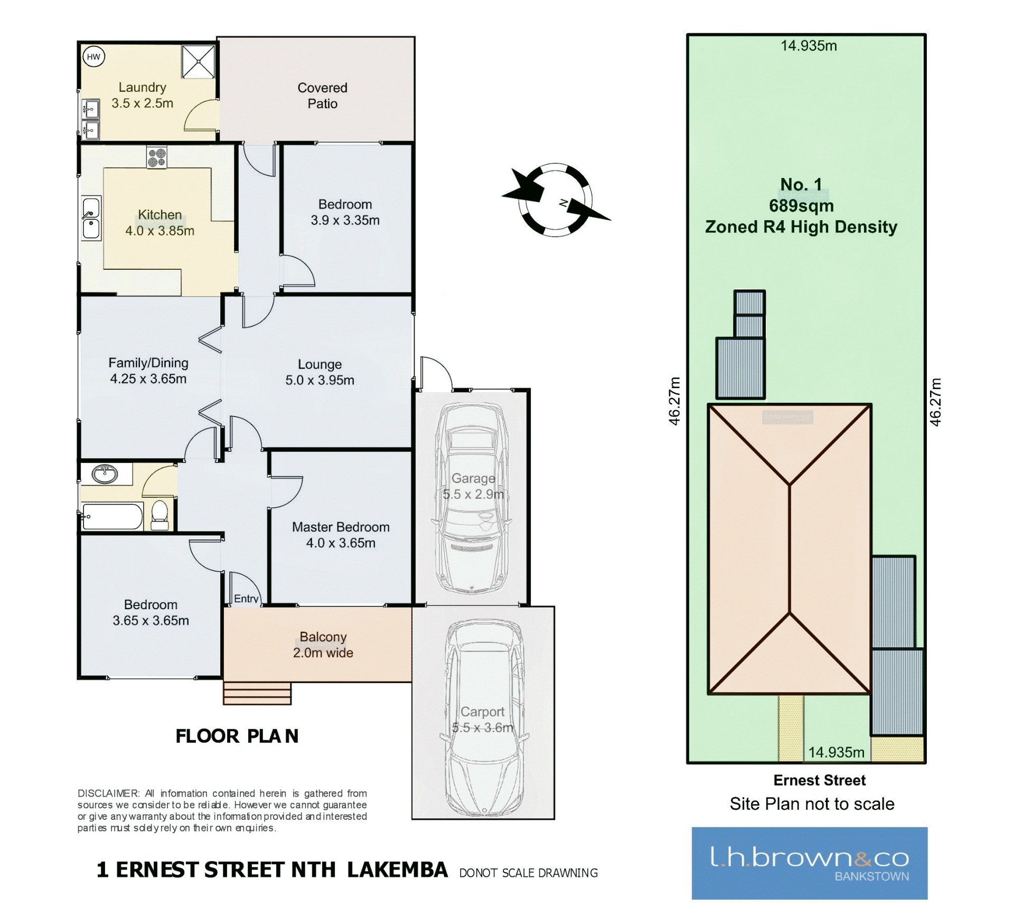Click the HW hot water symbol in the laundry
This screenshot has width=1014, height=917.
(93, 57)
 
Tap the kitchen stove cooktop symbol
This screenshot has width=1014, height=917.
(157, 157)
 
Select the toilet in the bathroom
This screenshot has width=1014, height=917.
(159, 515)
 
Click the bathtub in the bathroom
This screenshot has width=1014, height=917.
(112, 516)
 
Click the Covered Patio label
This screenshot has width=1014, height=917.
(322, 96)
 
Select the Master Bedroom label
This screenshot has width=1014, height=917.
(341, 527)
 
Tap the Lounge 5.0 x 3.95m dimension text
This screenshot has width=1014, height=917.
(320, 380)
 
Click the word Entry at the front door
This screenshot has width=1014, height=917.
(246, 599)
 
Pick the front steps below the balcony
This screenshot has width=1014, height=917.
(257, 693)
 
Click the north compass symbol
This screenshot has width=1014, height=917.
(556, 200)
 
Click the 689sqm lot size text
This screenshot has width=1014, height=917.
(801, 205)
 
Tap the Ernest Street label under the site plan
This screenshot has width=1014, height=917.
(819, 780)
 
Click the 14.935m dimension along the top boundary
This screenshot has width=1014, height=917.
(809, 46)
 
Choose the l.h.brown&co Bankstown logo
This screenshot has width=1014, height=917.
(810, 863)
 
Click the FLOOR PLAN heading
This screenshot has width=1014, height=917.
(237, 736)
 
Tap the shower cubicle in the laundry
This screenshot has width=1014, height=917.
(199, 61)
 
